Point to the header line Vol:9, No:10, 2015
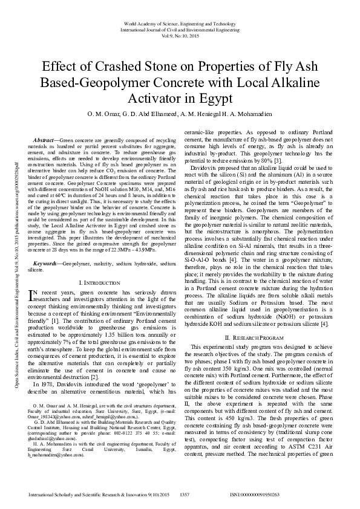coord(180,36)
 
